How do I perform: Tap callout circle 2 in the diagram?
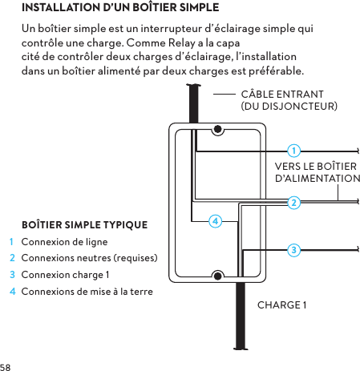point(294,202)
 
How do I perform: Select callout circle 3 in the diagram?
point(294,251)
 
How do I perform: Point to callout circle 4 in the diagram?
point(215,220)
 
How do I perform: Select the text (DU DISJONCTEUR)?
point(289,106)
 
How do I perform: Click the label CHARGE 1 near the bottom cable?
point(281,305)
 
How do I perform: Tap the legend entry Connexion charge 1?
point(65,274)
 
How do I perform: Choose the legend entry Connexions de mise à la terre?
point(87,290)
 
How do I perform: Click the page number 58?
point(6,365)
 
